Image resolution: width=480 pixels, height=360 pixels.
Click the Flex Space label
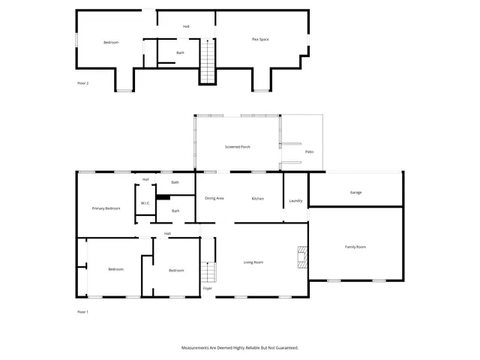pyautogui.click(x=260, y=39)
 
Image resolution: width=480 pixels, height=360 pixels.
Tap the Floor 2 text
pyautogui.click(x=83, y=83)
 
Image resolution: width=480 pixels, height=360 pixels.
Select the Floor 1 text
pyautogui.click(x=83, y=311)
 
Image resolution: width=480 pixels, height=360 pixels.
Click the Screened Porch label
pyautogui.click(x=238, y=147)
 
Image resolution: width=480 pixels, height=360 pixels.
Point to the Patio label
pyautogui.click(x=309, y=152)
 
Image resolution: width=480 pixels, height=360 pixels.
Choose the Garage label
pyautogui.click(x=355, y=193)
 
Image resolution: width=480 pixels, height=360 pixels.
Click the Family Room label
pyautogui.click(x=355, y=247)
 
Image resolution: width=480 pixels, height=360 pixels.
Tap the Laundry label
pyautogui.click(x=295, y=200)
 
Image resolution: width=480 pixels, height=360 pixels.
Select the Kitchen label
pyautogui.click(x=258, y=198)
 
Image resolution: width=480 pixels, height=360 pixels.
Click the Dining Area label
pyautogui.click(x=214, y=198)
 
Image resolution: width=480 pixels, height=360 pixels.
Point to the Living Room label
pyautogui.click(x=253, y=262)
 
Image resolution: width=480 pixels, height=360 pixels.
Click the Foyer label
pyautogui.click(x=208, y=289)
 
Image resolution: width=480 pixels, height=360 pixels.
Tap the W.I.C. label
pyautogui.click(x=145, y=204)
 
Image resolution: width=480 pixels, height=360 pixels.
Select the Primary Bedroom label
pyautogui.click(x=106, y=208)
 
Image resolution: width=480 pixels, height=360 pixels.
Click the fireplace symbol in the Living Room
pyautogui.click(x=301, y=257)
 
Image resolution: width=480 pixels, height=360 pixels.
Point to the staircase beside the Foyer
pyautogui.click(x=209, y=272)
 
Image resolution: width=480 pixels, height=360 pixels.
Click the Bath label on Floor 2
pyautogui.click(x=180, y=52)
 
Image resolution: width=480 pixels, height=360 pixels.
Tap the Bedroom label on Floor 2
pyautogui.click(x=111, y=42)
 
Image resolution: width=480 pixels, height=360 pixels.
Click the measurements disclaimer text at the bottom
pyautogui.click(x=240, y=348)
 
